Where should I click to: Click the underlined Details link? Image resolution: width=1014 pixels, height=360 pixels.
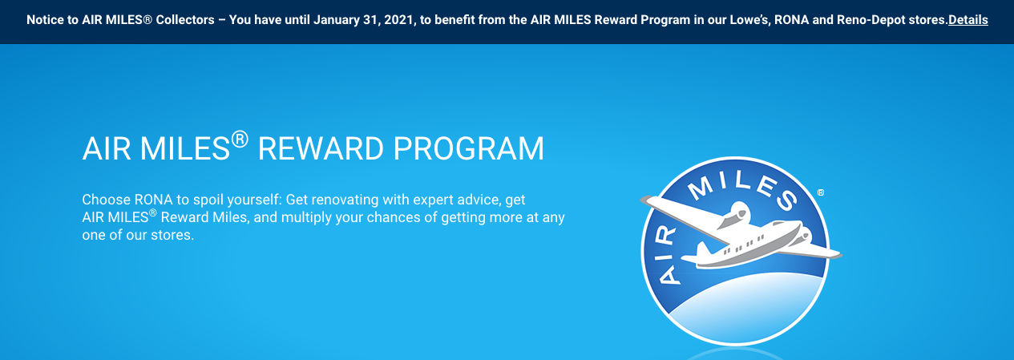968,20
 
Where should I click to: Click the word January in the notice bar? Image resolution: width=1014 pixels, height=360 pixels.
333,20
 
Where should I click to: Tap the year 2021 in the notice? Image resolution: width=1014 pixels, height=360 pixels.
400,20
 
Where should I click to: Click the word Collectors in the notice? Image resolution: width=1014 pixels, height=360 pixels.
185,20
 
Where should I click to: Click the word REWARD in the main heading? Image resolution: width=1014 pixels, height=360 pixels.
321,148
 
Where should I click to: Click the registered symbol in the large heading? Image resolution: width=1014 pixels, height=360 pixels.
240,139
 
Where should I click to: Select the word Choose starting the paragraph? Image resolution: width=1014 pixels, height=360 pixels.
107,200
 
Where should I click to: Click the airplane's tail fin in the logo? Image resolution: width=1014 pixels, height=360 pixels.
703,249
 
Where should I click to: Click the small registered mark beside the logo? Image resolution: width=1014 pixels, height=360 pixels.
821,192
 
